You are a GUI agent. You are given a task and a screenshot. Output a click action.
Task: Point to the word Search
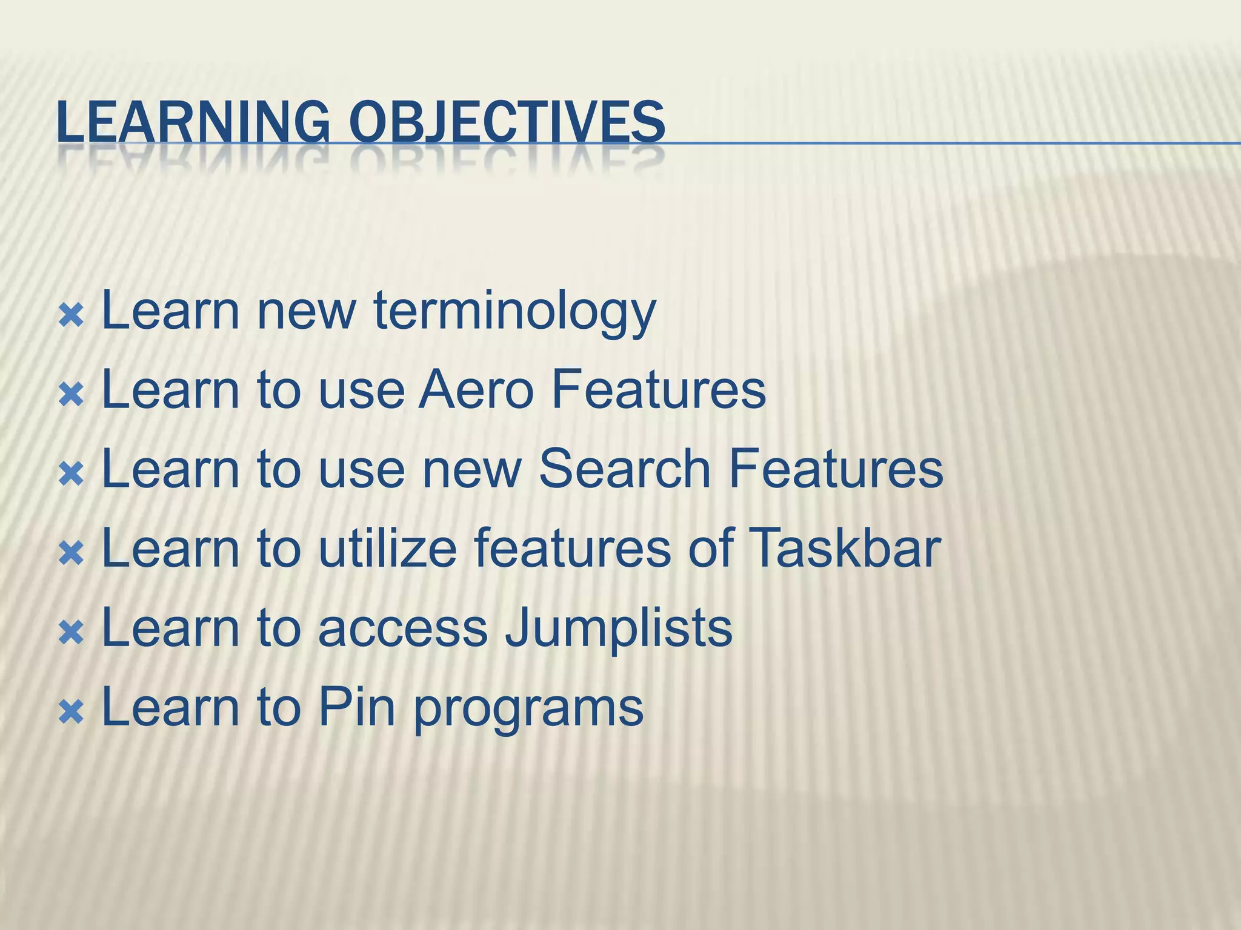pyautogui.click(x=624, y=469)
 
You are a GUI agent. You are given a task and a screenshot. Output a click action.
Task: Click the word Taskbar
pyautogui.click(x=844, y=548)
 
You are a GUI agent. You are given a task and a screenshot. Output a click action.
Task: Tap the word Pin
pyautogui.click(x=356, y=707)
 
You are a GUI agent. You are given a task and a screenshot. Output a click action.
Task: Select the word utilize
pyautogui.click(x=387, y=548)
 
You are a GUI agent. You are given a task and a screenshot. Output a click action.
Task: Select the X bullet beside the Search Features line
pyautogui.click(x=71, y=474)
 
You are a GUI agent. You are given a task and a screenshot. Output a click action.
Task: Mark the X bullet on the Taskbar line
pyautogui.click(x=71, y=553)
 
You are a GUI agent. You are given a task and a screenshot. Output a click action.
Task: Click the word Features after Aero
pyautogui.click(x=657, y=391)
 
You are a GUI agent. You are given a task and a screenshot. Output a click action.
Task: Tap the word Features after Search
pyautogui.click(x=836, y=469)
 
